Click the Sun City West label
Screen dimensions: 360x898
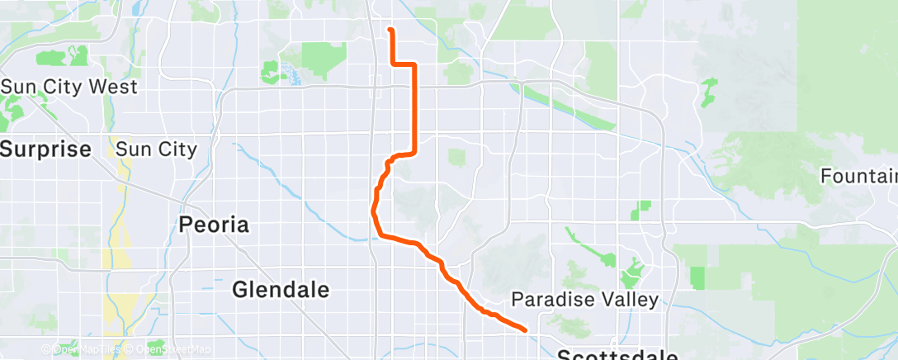pos(69,87)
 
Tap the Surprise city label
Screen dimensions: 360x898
pos(45,149)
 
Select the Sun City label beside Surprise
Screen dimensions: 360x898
pos(156,149)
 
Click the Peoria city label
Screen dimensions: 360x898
pos(215,225)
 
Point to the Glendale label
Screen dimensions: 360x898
pos(281,290)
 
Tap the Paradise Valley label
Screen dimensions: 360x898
pos(585,299)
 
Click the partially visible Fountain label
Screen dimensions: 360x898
pos(858,176)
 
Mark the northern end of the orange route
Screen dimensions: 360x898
pos(390,30)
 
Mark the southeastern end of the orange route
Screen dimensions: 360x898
pos(525,329)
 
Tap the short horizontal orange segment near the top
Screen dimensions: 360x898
pos(402,64)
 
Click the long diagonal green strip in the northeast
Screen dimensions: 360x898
pos(570,106)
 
